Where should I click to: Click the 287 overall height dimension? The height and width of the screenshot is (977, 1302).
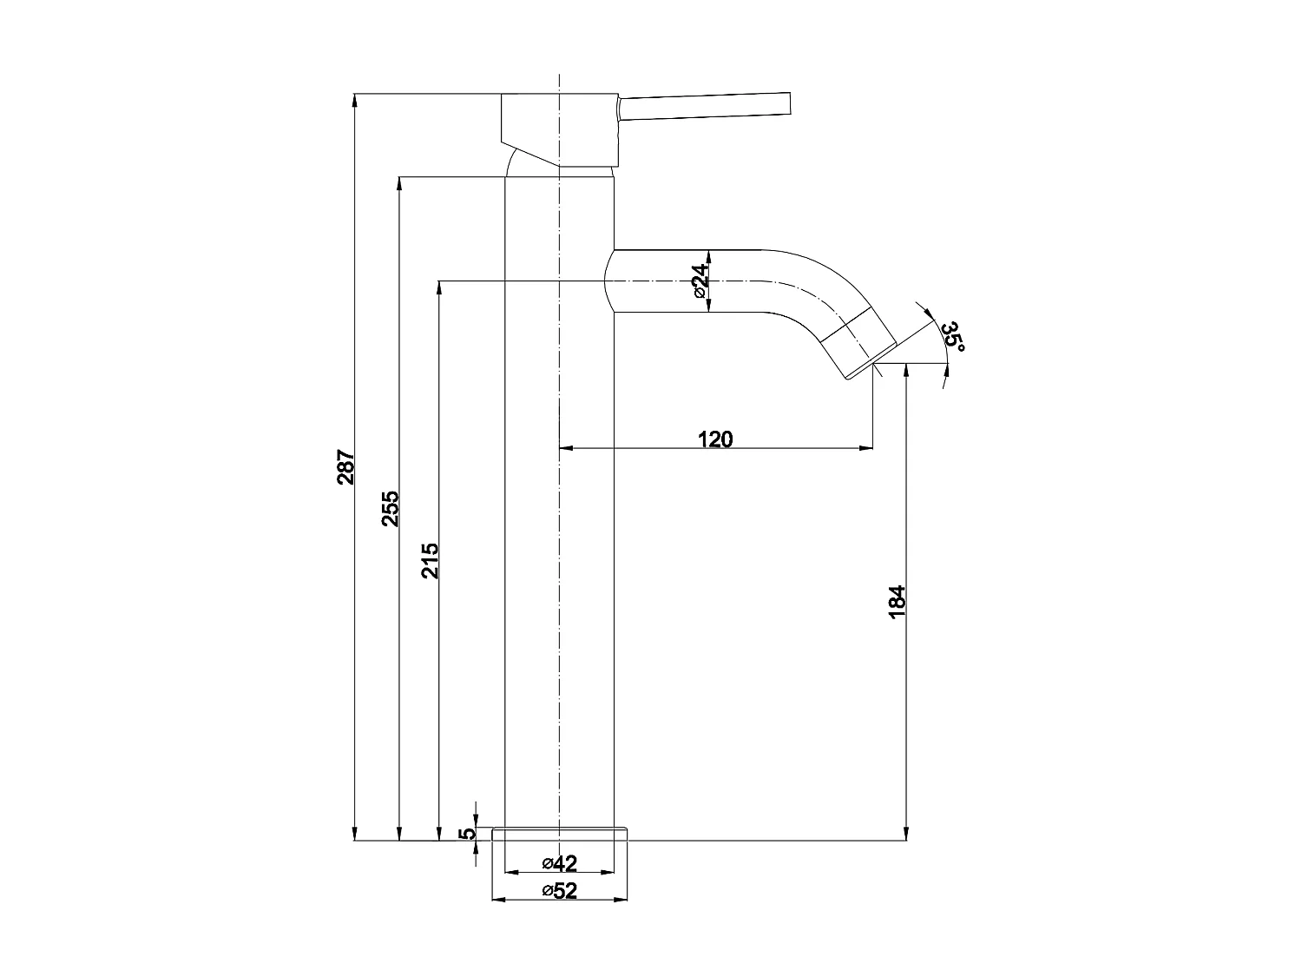coord(345,467)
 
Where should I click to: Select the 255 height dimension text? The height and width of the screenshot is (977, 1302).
coord(391,508)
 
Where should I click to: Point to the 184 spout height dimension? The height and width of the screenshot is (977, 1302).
coord(897,601)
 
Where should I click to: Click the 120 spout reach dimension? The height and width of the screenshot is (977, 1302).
coord(715,439)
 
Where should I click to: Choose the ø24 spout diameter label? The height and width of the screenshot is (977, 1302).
coord(700,281)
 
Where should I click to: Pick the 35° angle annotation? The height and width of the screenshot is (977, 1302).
coord(953,336)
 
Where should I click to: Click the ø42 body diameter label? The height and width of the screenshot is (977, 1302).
coord(560,862)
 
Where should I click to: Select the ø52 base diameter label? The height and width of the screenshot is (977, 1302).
coord(560,890)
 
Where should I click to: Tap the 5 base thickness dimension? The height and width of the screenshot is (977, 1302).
coord(467,834)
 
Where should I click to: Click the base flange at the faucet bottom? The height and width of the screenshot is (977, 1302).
coord(559,835)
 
